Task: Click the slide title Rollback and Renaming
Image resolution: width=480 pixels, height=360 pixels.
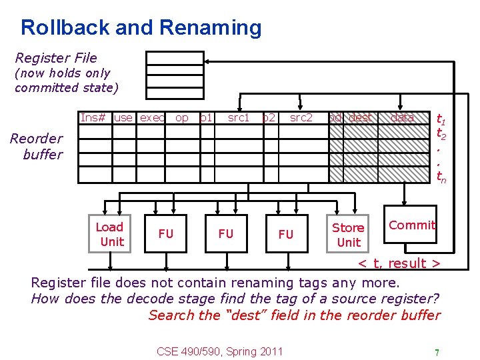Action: click(x=141, y=28)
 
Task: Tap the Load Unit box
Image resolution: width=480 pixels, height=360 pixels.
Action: click(x=111, y=234)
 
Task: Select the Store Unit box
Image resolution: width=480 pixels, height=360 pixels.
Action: click(x=348, y=235)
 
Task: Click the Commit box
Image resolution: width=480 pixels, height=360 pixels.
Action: click(x=411, y=225)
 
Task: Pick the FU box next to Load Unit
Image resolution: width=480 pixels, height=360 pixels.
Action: click(x=165, y=233)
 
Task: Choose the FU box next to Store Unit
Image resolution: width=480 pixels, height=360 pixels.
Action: click(x=285, y=233)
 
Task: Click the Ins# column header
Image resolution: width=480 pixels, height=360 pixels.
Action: click(x=94, y=118)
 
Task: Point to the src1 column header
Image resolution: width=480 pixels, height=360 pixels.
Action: click(x=238, y=118)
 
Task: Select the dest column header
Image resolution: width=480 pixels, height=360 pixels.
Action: click(x=361, y=118)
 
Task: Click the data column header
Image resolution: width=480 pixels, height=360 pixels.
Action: click(x=402, y=118)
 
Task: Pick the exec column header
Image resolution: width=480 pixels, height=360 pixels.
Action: click(x=152, y=118)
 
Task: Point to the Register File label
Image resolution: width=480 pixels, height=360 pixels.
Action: click(x=56, y=58)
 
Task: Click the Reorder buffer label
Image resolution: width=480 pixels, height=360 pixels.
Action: click(x=37, y=147)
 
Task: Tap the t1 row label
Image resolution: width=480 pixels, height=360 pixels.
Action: click(x=441, y=120)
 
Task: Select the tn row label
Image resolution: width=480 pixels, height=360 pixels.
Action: click(x=441, y=177)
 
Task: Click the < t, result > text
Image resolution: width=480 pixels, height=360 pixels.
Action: click(x=399, y=263)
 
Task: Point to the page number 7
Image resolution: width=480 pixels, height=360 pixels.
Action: click(x=436, y=352)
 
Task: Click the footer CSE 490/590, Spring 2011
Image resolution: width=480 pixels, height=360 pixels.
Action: click(x=219, y=351)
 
